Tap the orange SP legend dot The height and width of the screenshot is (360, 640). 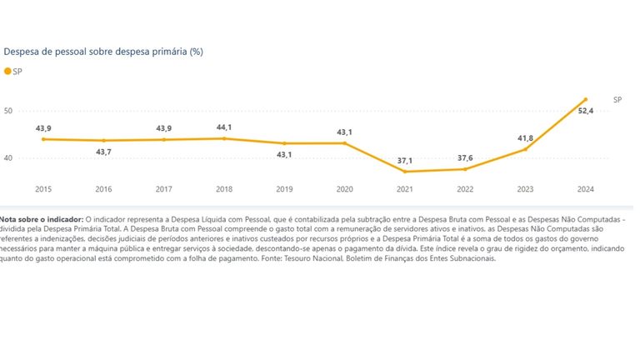click(7, 72)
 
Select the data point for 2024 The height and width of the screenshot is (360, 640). click(586, 99)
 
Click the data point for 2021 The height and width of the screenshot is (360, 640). click(405, 172)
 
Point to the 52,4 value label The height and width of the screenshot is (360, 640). click(586, 111)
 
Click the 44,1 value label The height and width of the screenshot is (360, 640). click(224, 127)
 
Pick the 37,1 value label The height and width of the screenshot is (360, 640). click(405, 161)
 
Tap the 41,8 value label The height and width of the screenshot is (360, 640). click(525, 138)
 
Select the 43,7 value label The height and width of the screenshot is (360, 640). click(103, 152)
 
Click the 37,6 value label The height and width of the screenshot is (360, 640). click(465, 158)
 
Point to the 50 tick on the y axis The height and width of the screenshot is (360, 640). click(8, 111)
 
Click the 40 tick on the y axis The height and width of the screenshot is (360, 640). click(8, 158)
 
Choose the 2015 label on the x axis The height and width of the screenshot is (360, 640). click(43, 189)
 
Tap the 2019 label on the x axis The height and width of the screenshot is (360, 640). click(284, 189)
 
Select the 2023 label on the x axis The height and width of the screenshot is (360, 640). click(525, 189)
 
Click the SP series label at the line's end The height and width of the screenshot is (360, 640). click(617, 100)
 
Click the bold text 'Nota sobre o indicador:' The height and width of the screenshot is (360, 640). click(42, 220)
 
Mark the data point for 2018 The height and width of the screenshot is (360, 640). click(224, 138)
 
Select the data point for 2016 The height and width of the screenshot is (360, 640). click(103, 140)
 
